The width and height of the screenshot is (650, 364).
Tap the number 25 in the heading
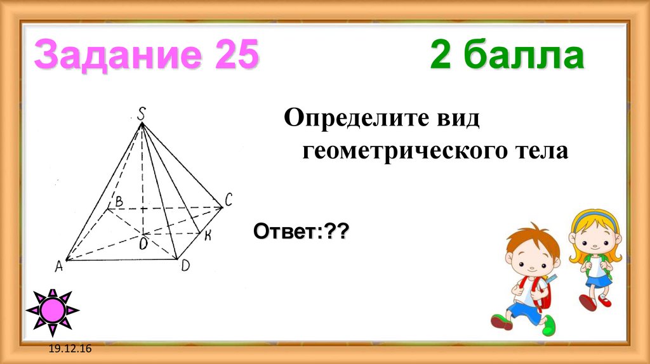236,56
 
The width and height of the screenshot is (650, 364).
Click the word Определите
364,118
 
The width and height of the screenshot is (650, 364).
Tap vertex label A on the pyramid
58,266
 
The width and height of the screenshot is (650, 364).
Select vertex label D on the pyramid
185,266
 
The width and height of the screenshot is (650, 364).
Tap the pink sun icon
53,311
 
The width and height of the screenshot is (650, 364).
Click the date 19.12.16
68,349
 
